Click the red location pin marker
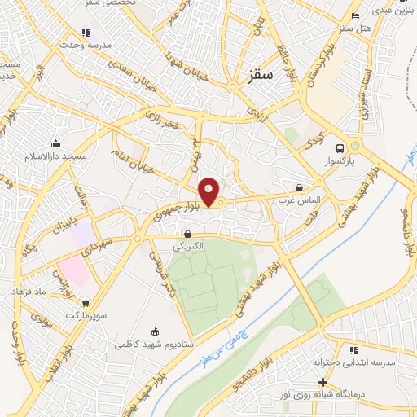[x=209, y=191]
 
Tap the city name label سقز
[x=261, y=74]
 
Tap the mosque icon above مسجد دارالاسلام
[x=55, y=143]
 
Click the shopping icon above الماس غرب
[x=299, y=187]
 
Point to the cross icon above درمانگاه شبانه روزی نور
[x=323, y=382]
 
